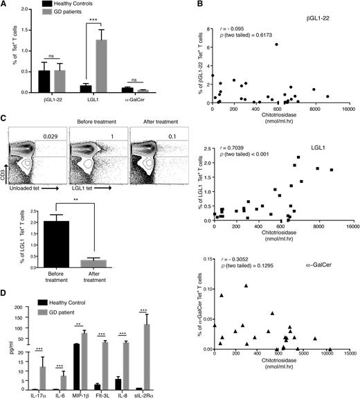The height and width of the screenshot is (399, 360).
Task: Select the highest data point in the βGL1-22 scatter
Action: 276,44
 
